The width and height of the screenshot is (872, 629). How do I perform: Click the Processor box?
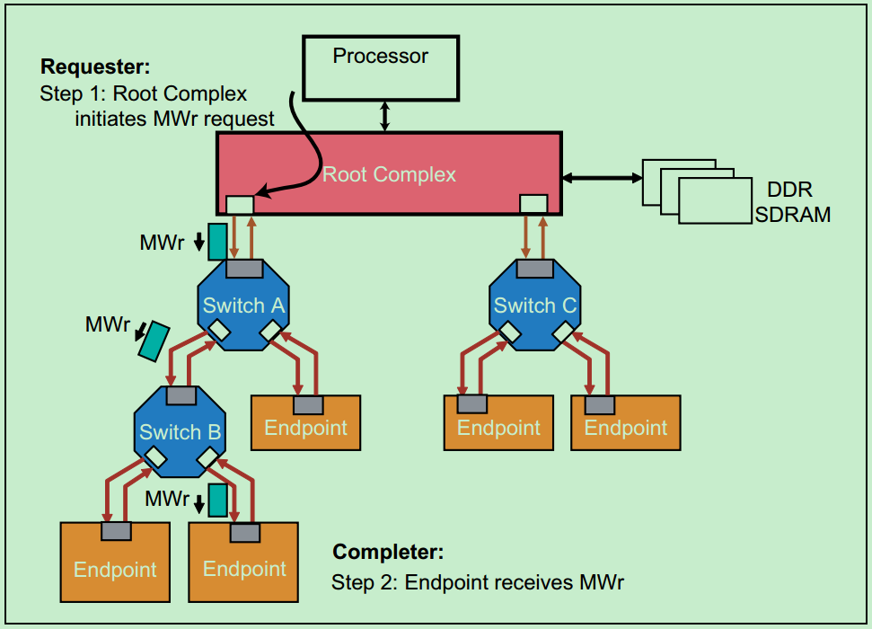click(380, 67)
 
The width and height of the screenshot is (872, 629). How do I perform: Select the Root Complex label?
click(390, 174)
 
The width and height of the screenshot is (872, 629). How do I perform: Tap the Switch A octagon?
click(243, 306)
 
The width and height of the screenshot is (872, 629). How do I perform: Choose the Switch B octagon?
click(180, 432)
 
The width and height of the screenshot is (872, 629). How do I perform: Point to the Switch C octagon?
click(535, 306)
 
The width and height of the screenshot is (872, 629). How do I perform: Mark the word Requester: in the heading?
click(96, 66)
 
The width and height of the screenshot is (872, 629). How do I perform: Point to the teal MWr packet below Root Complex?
click(217, 241)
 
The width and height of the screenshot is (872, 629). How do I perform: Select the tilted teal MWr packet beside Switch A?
click(154, 340)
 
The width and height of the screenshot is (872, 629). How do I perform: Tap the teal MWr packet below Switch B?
click(217, 500)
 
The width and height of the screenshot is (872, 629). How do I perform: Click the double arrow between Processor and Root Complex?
click(385, 116)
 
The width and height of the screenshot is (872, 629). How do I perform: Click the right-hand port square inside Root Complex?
click(533, 204)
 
